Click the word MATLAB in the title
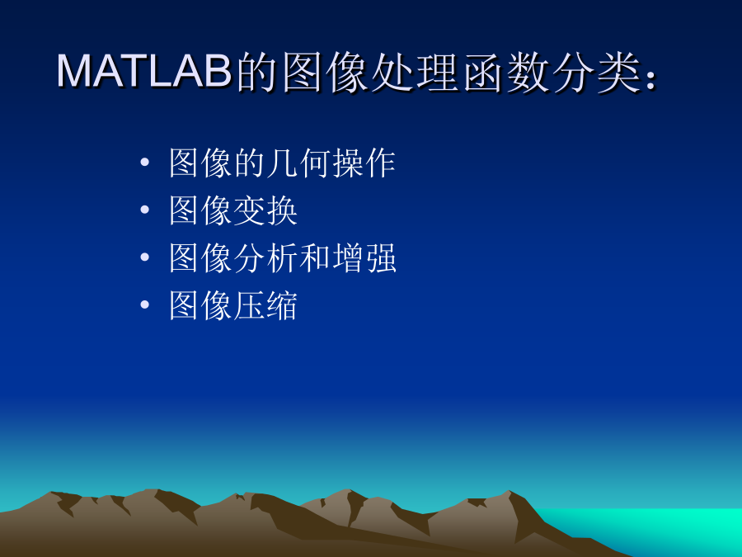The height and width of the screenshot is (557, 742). click(x=144, y=71)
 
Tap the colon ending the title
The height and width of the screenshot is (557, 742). click(x=650, y=79)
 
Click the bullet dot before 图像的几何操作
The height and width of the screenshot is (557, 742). click(x=145, y=163)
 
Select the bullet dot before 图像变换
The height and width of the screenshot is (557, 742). click(x=145, y=210)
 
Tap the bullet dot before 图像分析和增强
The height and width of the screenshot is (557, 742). click(x=145, y=257)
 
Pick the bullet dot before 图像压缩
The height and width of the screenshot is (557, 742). click(x=145, y=304)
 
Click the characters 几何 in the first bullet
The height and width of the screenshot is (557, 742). click(x=299, y=163)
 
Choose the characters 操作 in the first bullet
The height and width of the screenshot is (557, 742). click(x=364, y=163)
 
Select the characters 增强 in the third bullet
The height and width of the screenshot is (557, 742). click(x=364, y=258)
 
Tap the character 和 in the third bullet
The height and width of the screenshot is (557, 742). click(x=315, y=258)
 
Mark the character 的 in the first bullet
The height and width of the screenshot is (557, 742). click(x=250, y=163)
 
